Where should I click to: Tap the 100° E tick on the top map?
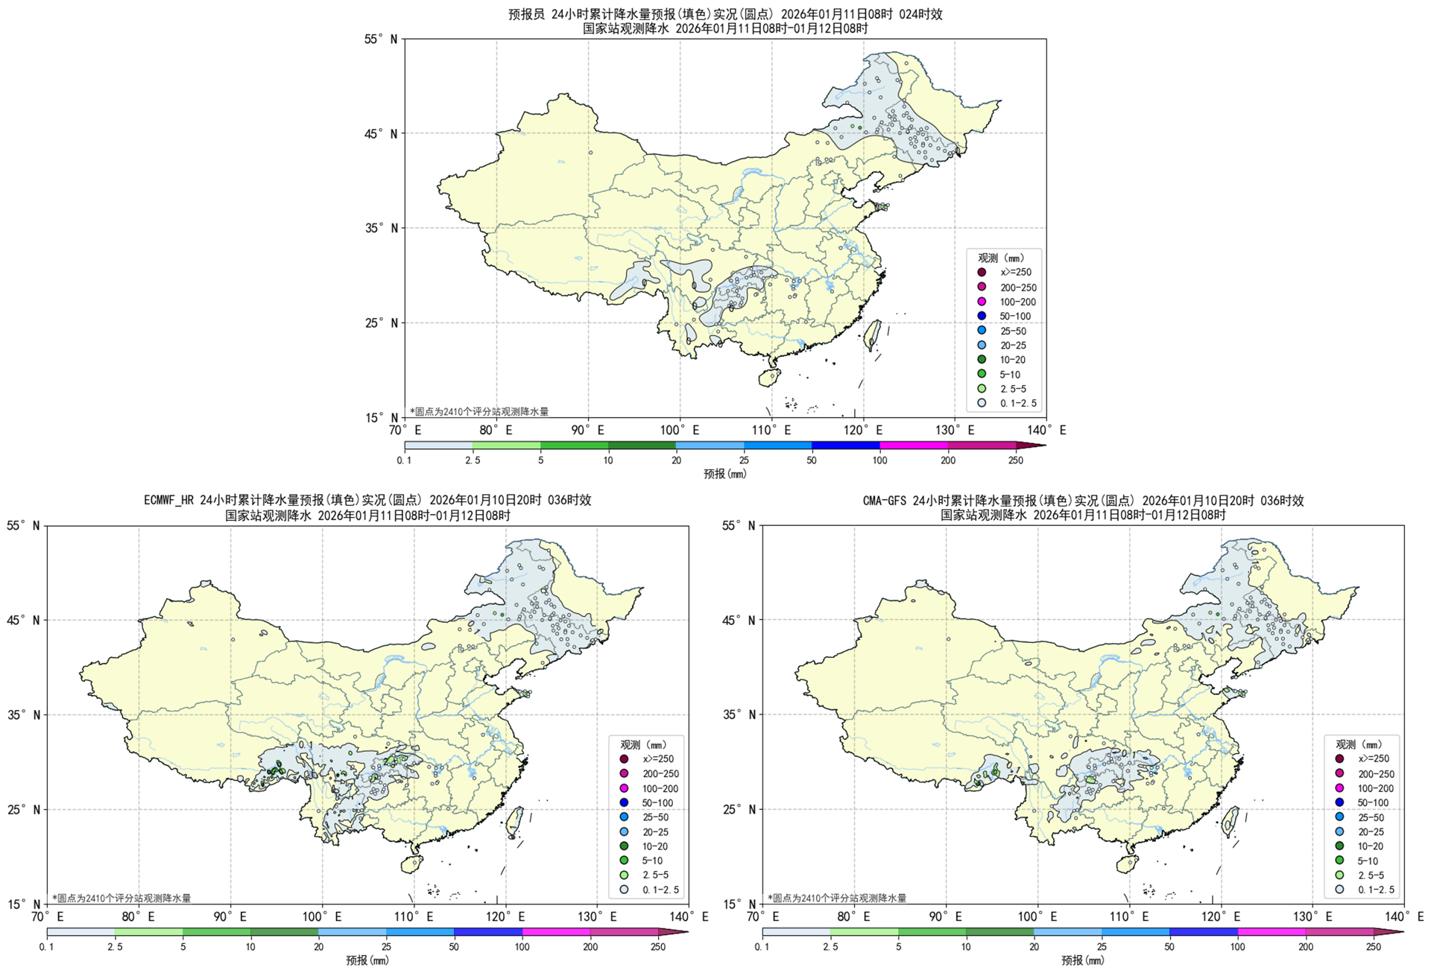679,431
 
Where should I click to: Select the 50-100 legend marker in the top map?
982,316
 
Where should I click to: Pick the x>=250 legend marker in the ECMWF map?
624,759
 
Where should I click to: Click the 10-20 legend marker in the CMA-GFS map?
1339,846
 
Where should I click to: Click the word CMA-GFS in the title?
885,501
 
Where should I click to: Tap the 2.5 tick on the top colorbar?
473,460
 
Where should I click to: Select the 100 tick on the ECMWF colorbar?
522,947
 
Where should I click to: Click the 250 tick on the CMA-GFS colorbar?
1374,947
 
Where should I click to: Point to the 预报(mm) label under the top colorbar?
724,474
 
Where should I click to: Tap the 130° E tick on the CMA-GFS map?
1312,917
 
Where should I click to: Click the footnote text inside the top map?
478,411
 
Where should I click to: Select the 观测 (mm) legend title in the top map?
1001,258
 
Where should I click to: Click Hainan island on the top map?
770,378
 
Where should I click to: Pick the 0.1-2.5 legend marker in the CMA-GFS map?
1339,890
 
